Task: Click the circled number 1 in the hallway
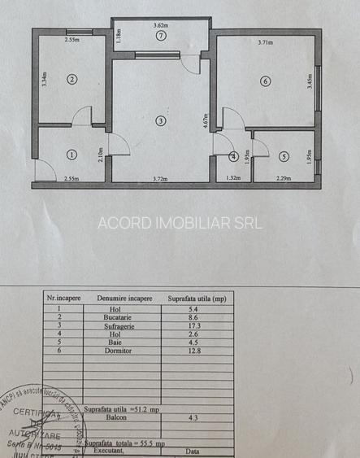coord(72,153)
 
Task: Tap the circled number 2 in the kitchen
coord(72,79)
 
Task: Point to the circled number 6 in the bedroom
coord(265,81)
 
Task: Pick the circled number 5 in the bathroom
coord(283,155)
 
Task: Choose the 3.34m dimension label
coord(44,79)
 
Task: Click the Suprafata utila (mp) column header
coord(200,299)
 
